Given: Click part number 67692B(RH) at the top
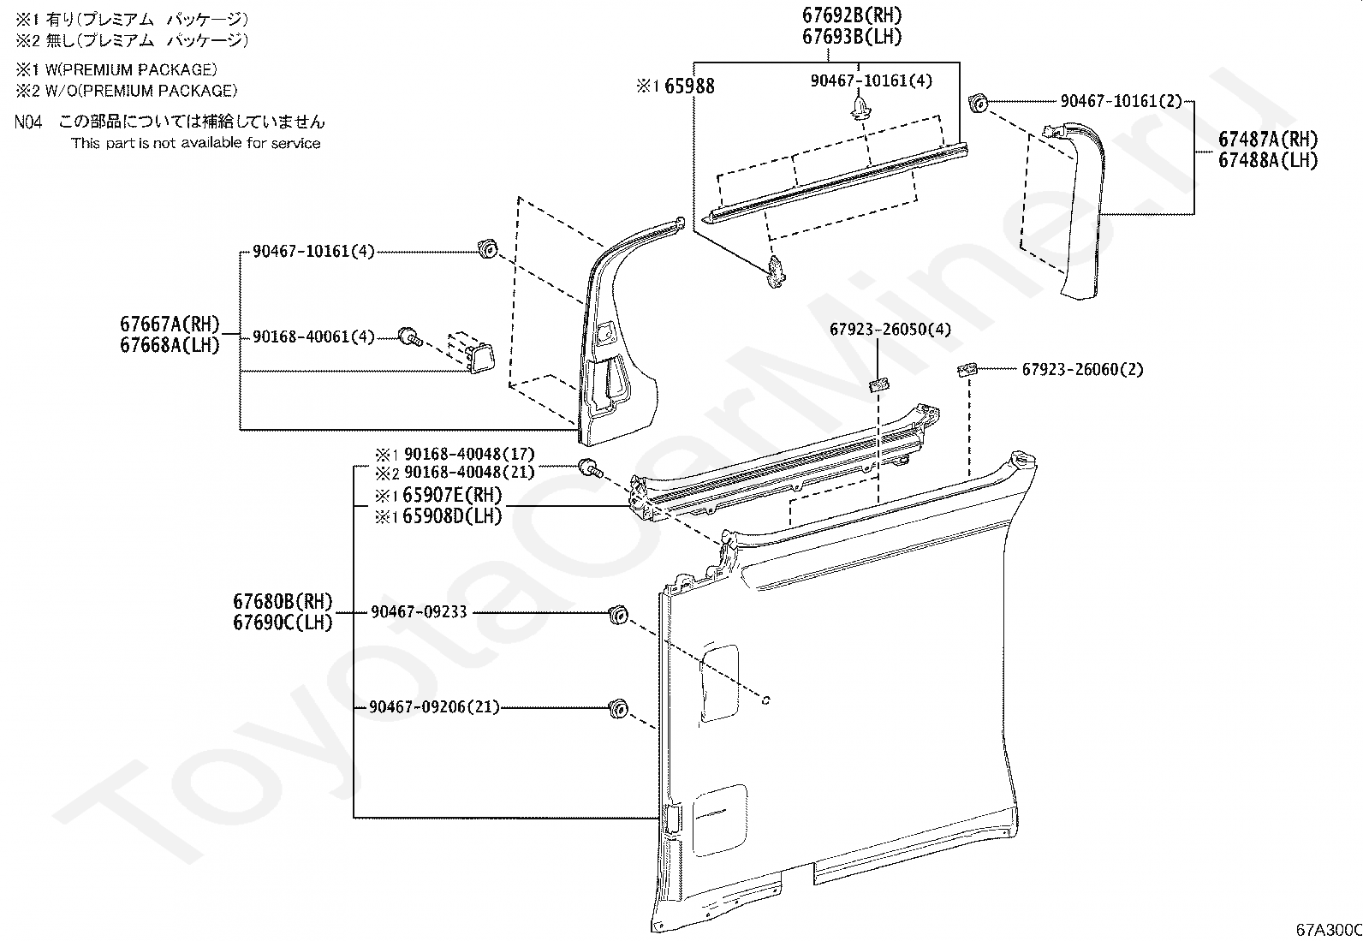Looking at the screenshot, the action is (x=852, y=15).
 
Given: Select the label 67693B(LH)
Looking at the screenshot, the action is (x=852, y=37).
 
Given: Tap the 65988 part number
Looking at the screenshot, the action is (x=689, y=86).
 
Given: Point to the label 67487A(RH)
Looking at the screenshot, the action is (x=1267, y=140).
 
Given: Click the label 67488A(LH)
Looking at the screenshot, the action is (x=1267, y=161).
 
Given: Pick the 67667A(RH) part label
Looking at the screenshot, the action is (x=170, y=324).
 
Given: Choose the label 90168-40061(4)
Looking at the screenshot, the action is (x=313, y=336).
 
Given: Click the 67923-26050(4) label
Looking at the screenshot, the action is (x=890, y=330).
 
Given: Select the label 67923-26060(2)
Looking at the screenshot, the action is (x=1082, y=369).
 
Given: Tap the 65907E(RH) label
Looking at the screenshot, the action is (x=452, y=494).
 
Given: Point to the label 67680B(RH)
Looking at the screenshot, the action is (x=283, y=601).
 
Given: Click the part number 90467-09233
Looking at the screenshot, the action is (x=419, y=611).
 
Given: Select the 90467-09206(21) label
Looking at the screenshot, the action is (x=434, y=707).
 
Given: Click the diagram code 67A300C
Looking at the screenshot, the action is (x=1329, y=930).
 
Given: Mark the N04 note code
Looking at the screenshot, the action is (x=28, y=122).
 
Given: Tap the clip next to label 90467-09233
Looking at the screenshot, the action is (x=618, y=615).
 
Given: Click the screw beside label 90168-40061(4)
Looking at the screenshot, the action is (x=411, y=336).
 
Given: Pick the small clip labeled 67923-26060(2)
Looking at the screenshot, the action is (x=967, y=369).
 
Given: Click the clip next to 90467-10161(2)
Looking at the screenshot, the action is (x=978, y=102).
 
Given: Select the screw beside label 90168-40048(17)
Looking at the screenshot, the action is (x=590, y=468).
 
